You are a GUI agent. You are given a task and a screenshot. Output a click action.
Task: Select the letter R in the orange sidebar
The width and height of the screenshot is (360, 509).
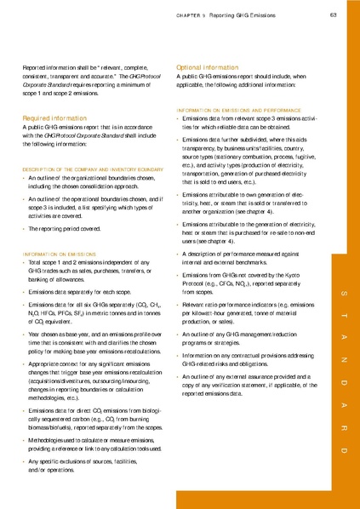pos(345,415)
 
